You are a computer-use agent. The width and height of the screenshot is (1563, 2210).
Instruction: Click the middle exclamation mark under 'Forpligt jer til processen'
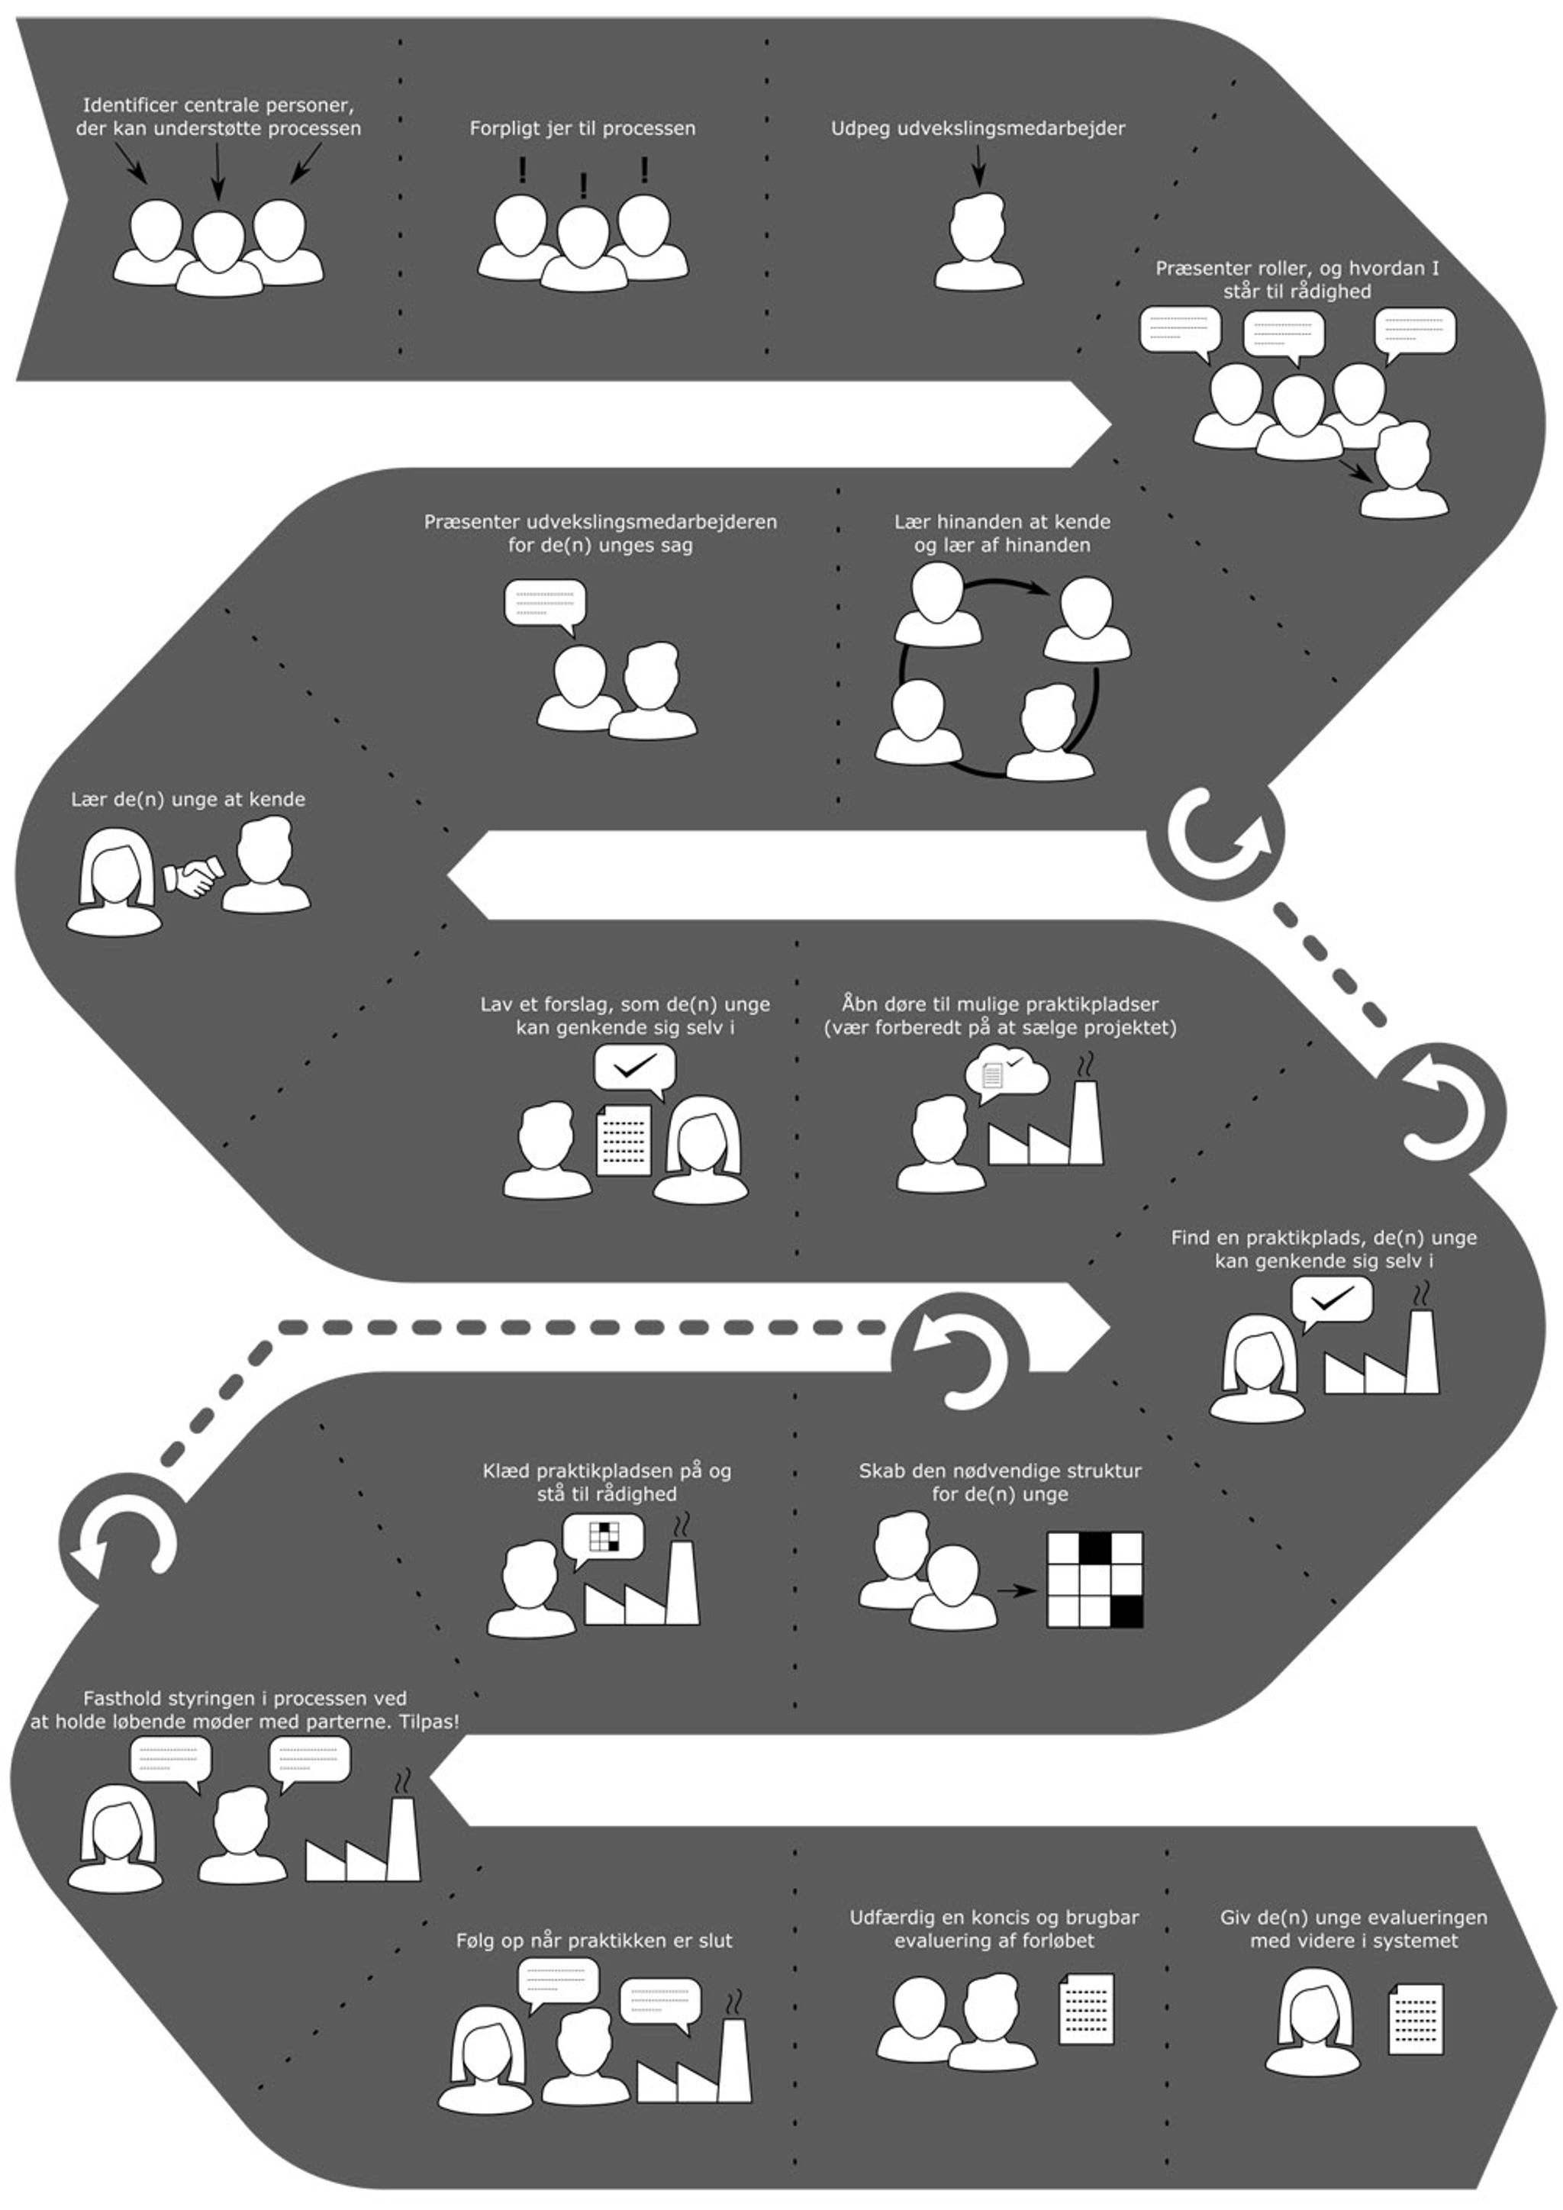583,185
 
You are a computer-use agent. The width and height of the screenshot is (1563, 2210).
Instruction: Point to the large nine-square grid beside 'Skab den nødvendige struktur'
1094,1580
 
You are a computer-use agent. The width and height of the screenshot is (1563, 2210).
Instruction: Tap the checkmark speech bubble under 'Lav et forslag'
634,1068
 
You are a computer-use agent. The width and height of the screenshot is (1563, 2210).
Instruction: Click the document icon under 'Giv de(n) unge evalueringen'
1416,2019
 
